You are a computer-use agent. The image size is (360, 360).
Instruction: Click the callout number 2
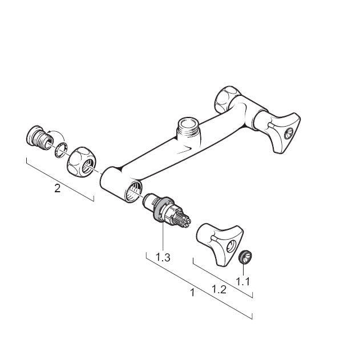click(x=58, y=188)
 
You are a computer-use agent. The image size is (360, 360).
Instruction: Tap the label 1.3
click(x=163, y=257)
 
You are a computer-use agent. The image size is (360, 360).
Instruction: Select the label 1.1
click(x=243, y=281)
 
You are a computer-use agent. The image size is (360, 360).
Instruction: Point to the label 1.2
click(x=219, y=289)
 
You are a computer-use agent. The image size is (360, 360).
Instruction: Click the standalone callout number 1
click(x=193, y=293)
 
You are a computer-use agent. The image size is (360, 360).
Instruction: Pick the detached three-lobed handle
click(x=219, y=244)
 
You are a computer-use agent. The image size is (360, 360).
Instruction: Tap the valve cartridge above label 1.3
click(x=166, y=211)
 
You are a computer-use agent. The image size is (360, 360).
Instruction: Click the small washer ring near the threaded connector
click(x=61, y=150)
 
